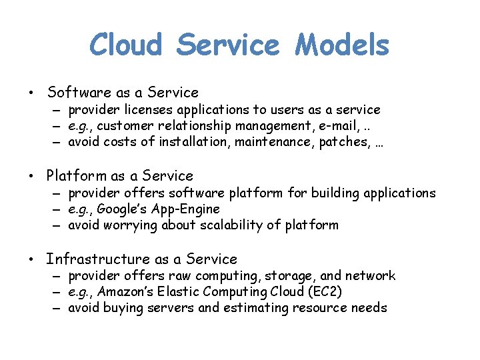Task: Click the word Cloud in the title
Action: point(126,45)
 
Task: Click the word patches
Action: point(342,142)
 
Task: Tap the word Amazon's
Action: point(127,292)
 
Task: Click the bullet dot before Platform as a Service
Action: point(31,177)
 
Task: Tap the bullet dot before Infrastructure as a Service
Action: point(31,260)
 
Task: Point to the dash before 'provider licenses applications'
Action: point(58,110)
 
